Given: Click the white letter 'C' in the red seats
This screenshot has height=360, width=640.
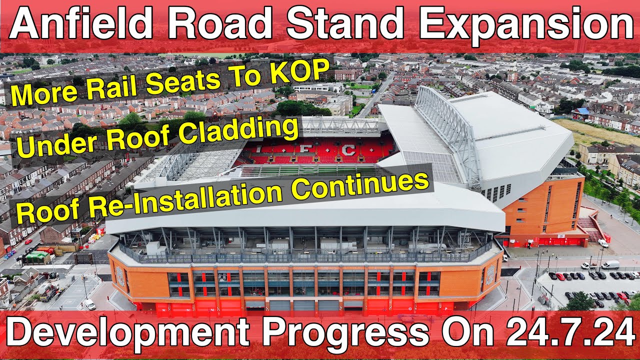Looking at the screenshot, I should [348, 149].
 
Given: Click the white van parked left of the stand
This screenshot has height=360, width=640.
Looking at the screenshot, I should [89, 304].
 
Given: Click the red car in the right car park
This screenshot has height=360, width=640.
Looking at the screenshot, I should [560, 276].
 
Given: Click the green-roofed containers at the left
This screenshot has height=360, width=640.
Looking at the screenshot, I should [38, 256].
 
